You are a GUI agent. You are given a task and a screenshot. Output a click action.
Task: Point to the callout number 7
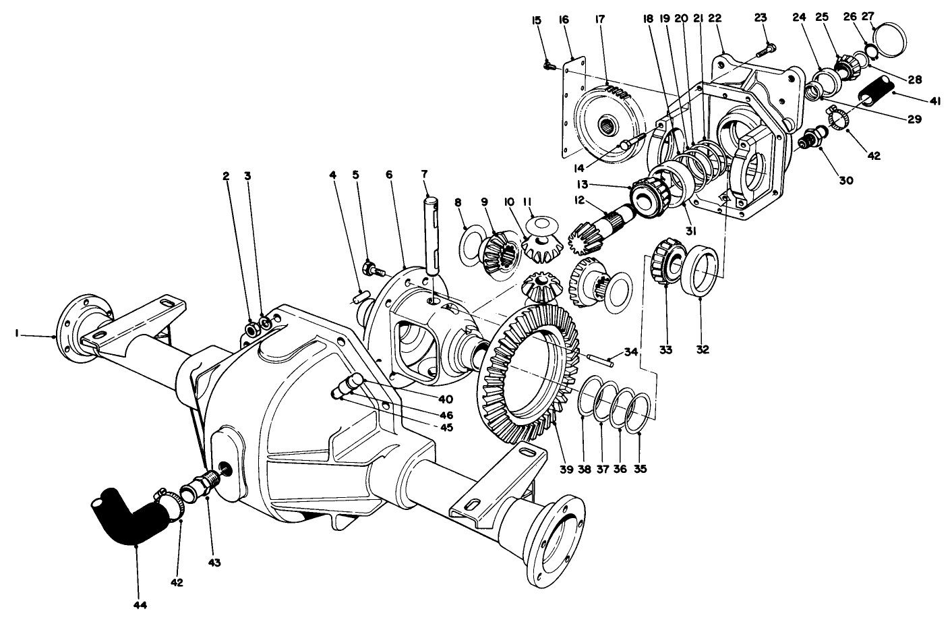[x=424, y=174]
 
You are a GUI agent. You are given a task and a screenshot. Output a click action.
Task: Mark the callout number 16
[x=564, y=20]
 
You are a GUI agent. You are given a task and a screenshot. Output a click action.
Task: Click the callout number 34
[x=630, y=351]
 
